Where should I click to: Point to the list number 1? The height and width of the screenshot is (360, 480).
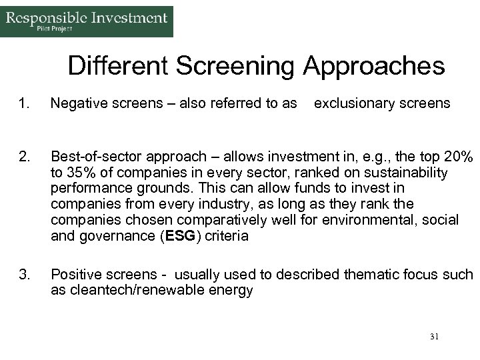[x=25, y=104]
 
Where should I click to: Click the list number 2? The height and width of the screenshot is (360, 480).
[x=25, y=157]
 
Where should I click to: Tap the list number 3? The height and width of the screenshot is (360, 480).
[x=25, y=275]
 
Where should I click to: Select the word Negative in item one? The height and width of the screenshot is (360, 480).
[x=77, y=104]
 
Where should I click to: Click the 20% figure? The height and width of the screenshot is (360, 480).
[x=459, y=157]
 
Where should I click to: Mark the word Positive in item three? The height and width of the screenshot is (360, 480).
[x=75, y=275]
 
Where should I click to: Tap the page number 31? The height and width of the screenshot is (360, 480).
[x=434, y=337]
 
